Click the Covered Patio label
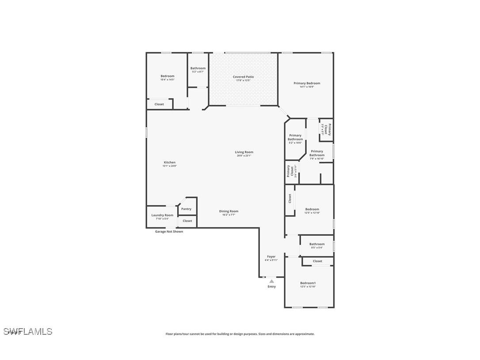(x=243, y=77)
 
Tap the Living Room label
(x=244, y=152)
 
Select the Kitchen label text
(x=169, y=163)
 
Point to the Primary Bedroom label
(x=307, y=83)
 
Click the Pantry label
(x=186, y=209)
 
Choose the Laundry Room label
(x=162, y=215)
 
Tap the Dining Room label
(x=229, y=211)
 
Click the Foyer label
(x=271, y=257)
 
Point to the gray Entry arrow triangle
(x=272, y=281)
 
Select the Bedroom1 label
(x=308, y=283)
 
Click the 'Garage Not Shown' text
(x=169, y=232)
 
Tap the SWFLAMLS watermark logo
(x=28, y=331)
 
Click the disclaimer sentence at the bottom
(x=240, y=334)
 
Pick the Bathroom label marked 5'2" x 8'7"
(x=198, y=69)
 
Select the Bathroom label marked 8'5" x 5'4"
(x=317, y=244)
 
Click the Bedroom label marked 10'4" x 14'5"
(x=168, y=76)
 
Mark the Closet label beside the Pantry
(x=187, y=221)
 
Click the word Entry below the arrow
(x=271, y=287)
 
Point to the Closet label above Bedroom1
(x=317, y=261)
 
